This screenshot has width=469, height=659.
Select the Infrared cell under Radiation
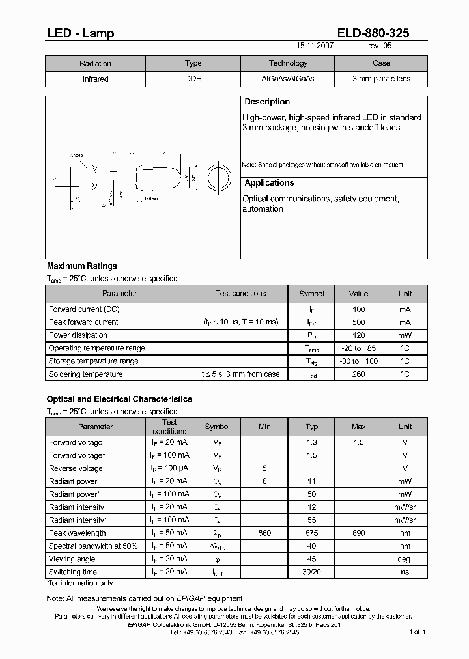click(95, 79)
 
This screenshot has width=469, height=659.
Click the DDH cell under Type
click(193, 79)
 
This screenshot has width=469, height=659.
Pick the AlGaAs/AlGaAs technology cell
click(287, 79)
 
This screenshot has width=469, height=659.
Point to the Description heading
click(266, 102)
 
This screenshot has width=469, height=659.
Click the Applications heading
click(269, 183)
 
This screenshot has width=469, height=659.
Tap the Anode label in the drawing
click(76, 155)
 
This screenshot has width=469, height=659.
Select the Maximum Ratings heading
click(82, 266)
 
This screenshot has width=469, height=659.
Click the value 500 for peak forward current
click(358, 322)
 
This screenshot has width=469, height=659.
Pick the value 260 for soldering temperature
click(358, 374)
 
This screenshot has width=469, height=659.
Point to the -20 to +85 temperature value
click(358, 348)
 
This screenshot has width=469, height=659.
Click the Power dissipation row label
click(78, 335)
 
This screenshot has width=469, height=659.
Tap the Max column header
click(358, 427)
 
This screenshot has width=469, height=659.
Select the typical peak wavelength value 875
click(312, 533)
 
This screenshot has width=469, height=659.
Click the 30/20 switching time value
click(312, 572)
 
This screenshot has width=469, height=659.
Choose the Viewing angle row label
click(72, 559)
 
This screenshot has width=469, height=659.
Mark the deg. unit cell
click(405, 559)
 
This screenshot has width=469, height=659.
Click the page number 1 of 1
click(417, 632)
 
